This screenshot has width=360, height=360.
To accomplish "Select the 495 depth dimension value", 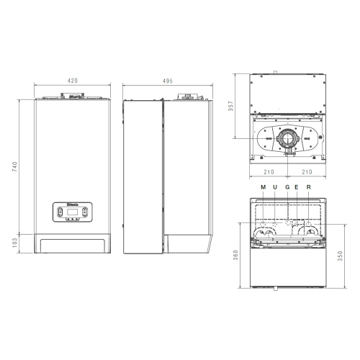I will click(167, 81).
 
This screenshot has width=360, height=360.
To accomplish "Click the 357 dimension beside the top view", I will click(231, 105).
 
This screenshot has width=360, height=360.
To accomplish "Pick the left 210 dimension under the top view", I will click(269, 172).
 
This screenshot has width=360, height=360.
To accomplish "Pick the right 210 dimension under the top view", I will click(307, 172).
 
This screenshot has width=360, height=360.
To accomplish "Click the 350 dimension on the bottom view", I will click(341, 256).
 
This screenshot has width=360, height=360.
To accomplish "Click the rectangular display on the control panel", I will click(72, 213).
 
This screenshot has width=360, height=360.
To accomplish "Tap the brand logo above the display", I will click(72, 205).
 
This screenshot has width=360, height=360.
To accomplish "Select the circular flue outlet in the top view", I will click(288, 138).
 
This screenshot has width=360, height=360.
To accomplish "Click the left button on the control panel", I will click(59, 213).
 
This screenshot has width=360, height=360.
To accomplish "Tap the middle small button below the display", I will click(72, 220).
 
